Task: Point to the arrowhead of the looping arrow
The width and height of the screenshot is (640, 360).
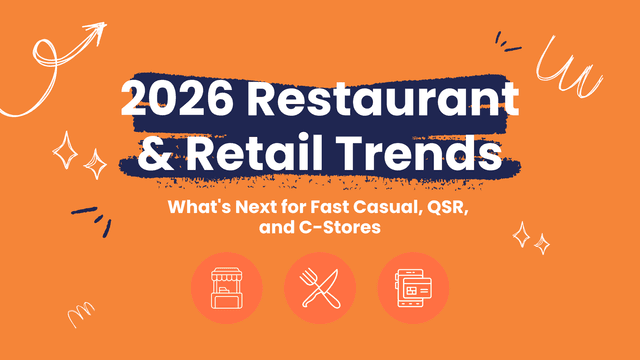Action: [x=98, y=33]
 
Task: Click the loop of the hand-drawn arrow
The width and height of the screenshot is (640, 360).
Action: [x=47, y=62]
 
